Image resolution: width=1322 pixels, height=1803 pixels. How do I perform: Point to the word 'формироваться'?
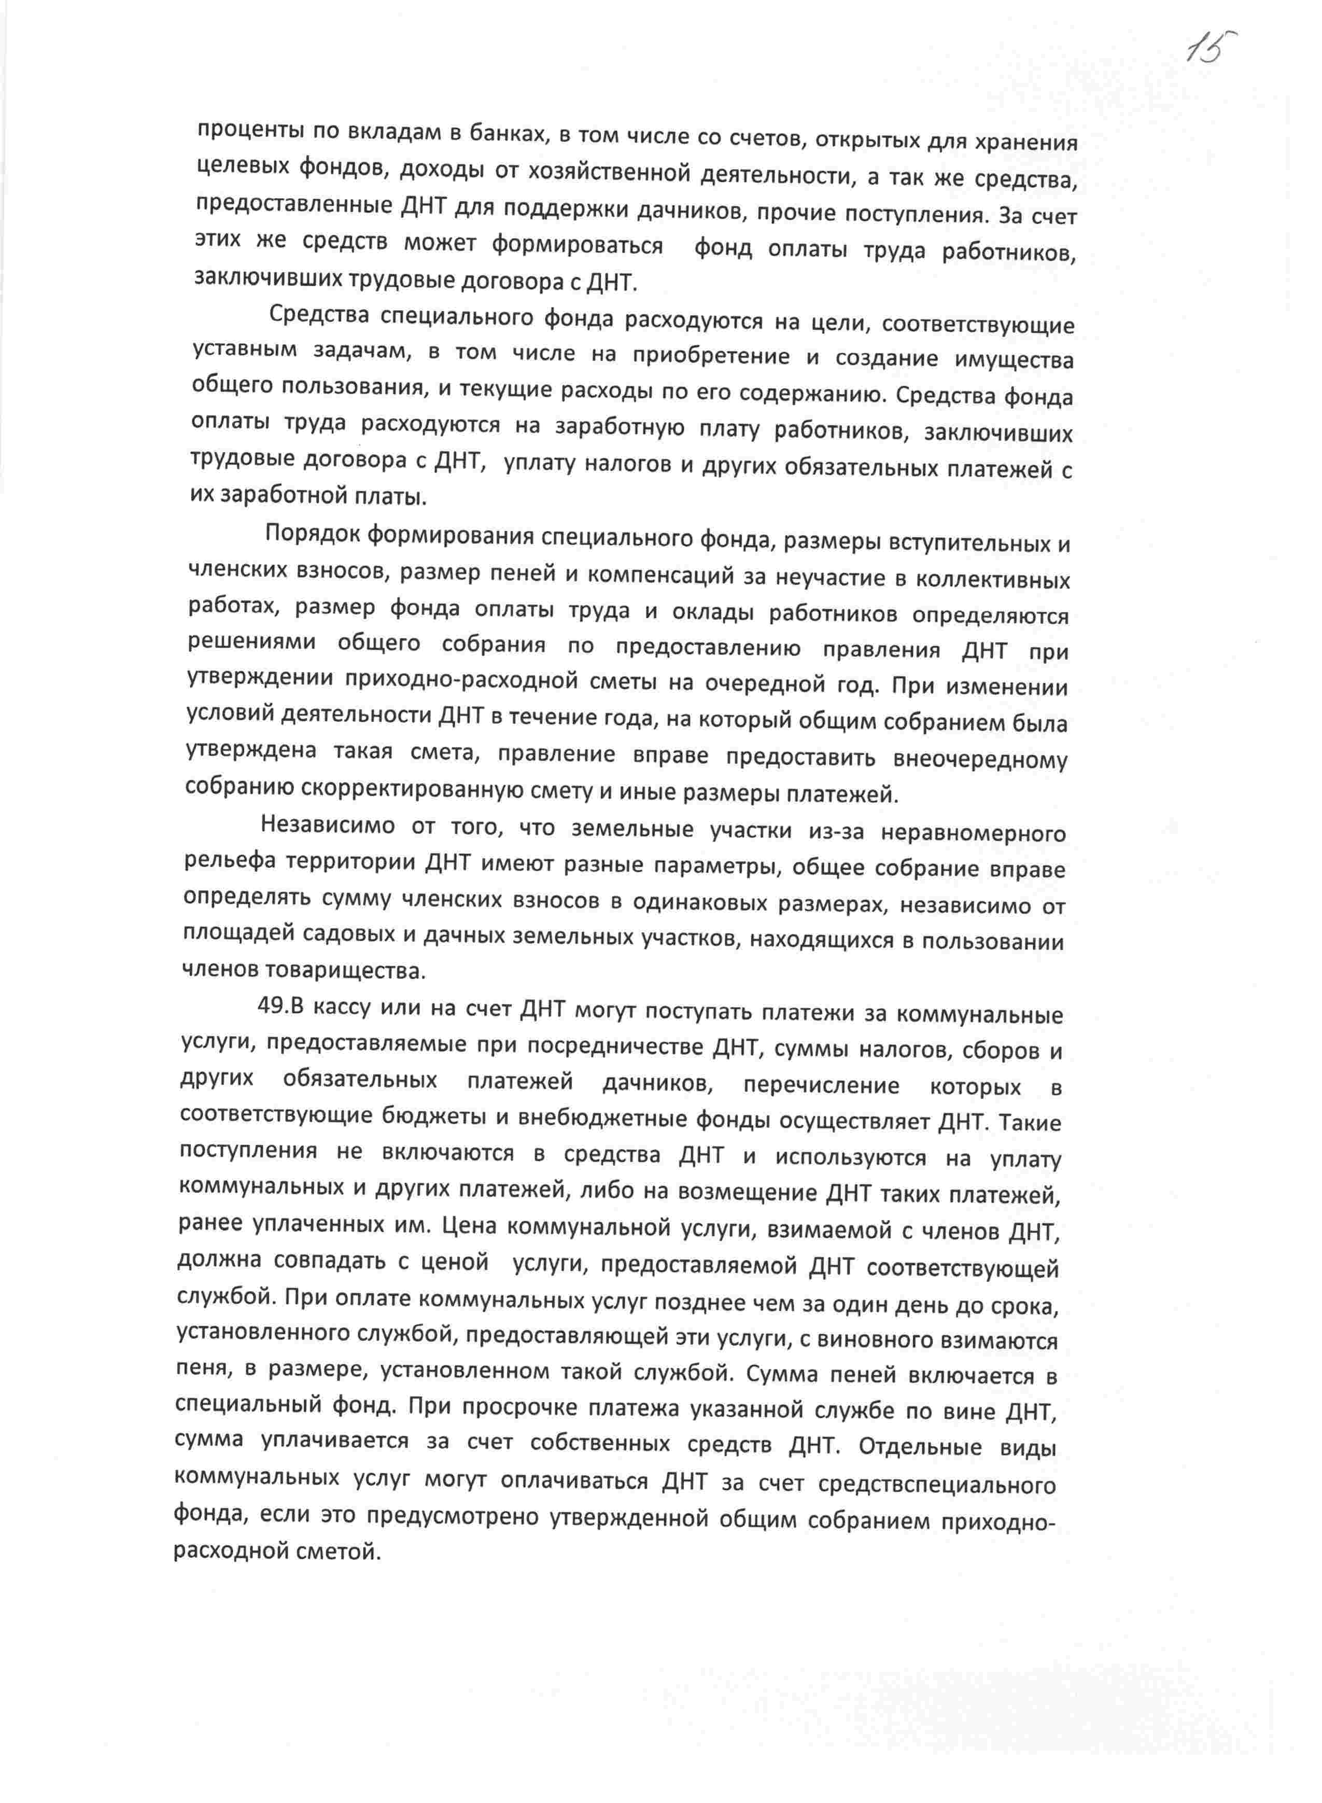pyautogui.click(x=577, y=245)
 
